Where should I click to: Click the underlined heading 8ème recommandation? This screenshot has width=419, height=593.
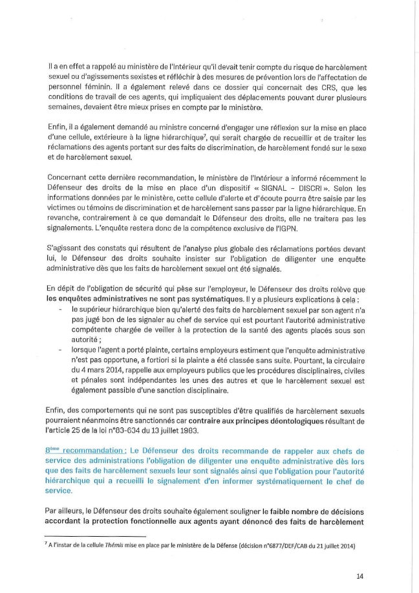[x=83, y=451]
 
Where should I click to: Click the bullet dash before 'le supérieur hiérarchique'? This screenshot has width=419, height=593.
[x=60, y=310]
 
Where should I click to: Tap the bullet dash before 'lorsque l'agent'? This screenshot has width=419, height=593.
[x=60, y=350]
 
